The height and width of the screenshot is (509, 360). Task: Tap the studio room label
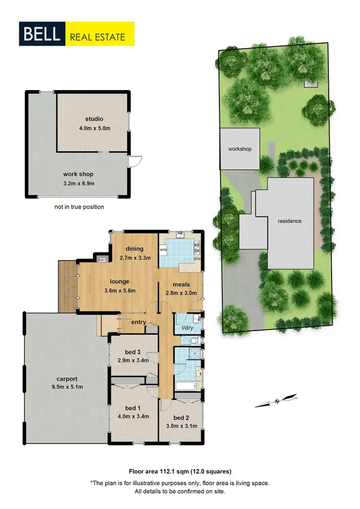click(x=95, y=118)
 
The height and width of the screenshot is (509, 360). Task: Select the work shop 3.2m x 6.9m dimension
click(x=78, y=183)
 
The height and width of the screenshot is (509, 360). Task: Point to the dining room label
click(x=135, y=249)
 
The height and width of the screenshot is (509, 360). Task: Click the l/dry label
click(x=187, y=328)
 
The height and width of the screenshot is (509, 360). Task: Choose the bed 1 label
click(x=131, y=408)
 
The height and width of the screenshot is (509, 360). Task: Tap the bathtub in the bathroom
click(x=185, y=386)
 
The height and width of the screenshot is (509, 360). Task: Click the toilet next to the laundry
click(x=192, y=341)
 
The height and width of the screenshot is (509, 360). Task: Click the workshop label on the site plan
click(x=240, y=149)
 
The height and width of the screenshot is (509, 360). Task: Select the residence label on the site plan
click(x=289, y=221)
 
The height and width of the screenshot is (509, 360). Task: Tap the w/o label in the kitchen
click(x=163, y=250)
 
